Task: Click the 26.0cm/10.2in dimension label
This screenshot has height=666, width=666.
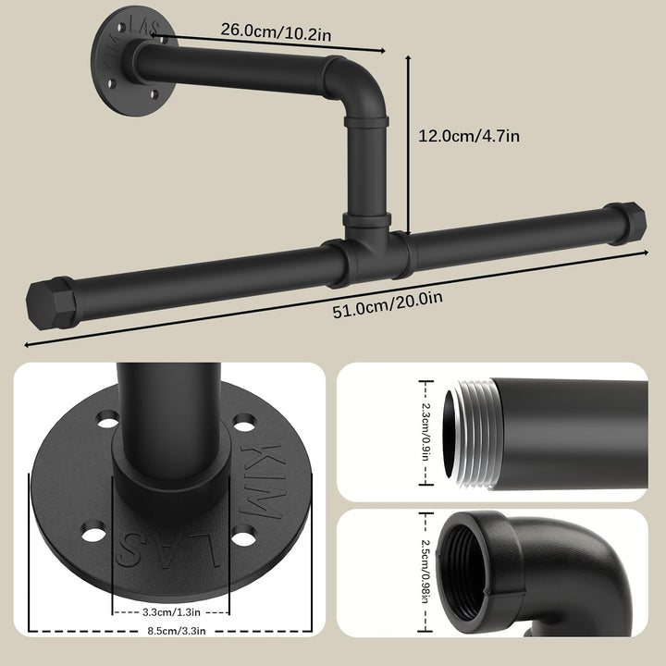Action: click(276, 31)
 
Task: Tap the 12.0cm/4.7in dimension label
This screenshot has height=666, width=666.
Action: click(469, 136)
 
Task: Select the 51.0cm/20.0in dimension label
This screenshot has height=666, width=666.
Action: click(388, 304)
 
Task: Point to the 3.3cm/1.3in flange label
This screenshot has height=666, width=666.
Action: click(171, 612)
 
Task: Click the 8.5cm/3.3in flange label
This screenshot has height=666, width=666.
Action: click(177, 631)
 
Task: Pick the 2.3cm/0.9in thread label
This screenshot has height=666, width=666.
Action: click(425, 432)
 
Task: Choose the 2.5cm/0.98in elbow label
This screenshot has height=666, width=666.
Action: click(425, 571)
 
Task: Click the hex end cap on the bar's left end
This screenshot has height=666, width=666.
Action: click(52, 303)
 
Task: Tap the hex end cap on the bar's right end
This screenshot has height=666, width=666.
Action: click(625, 224)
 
